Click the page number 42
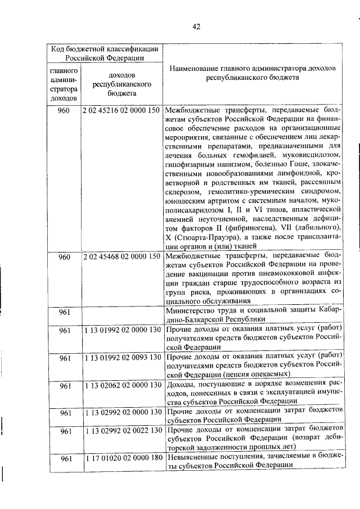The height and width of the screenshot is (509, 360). point(196,26)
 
